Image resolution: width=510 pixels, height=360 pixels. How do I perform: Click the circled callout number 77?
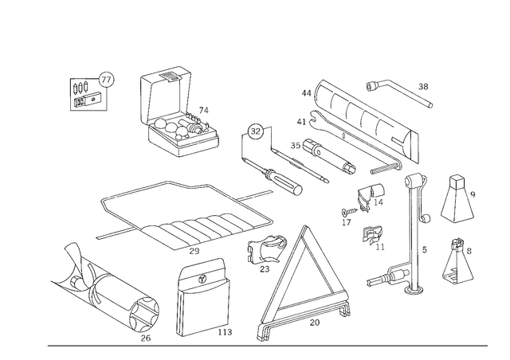pyautogui.click(x=106, y=80)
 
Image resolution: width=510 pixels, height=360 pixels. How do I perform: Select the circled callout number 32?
pyautogui.click(x=256, y=131)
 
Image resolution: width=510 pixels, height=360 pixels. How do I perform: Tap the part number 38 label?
pyautogui.click(x=423, y=87)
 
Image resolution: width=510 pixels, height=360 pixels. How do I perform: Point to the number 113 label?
pyautogui.click(x=225, y=332)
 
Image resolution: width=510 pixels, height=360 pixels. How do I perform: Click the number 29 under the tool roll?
pyautogui.click(x=194, y=251)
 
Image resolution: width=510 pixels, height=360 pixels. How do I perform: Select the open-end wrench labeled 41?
pyautogui.click(x=355, y=140)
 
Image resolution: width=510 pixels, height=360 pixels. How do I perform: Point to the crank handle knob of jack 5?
pyautogui.click(x=427, y=218)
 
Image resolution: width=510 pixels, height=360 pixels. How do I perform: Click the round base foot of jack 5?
pyautogui.click(x=414, y=289)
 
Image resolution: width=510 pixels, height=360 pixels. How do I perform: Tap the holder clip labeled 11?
pyautogui.click(x=372, y=235)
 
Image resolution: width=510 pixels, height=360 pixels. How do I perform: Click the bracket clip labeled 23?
pyautogui.click(x=267, y=249)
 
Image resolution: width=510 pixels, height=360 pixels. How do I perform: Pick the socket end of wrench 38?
pyautogui.click(x=371, y=85)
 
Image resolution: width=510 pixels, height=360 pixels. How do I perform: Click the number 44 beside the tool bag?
pyautogui.click(x=306, y=93)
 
